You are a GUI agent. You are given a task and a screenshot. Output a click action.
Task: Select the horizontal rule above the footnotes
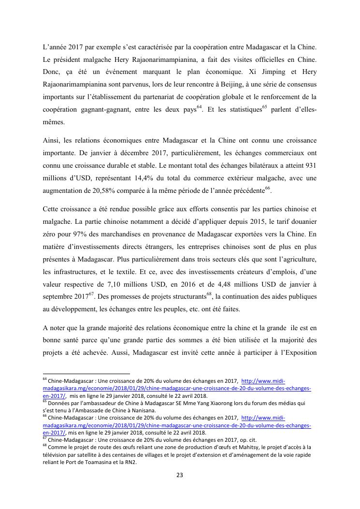point(86,374)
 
